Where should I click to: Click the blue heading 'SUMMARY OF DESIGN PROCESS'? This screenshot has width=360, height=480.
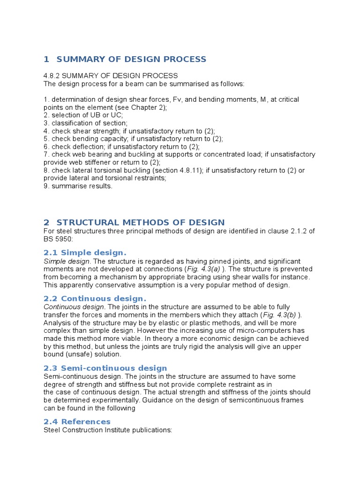point(131,59)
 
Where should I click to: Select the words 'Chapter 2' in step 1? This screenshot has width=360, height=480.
point(149,107)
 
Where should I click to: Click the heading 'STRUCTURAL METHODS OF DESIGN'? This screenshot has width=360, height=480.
point(140,222)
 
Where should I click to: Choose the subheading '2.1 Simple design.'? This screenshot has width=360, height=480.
point(85,253)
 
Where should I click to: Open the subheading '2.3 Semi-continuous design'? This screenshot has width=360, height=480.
point(105,368)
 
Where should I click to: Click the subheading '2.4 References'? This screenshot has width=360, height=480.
point(77,421)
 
